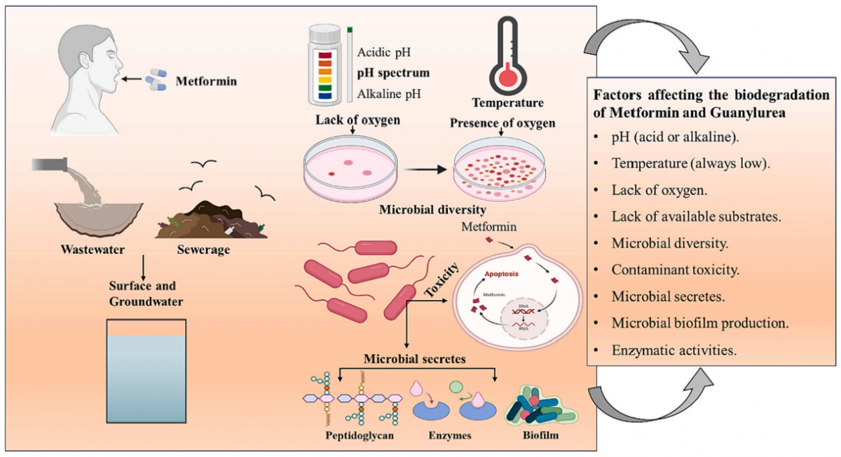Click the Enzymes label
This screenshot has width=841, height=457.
(x=449, y=435)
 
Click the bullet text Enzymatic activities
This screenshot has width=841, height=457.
(x=674, y=349)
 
